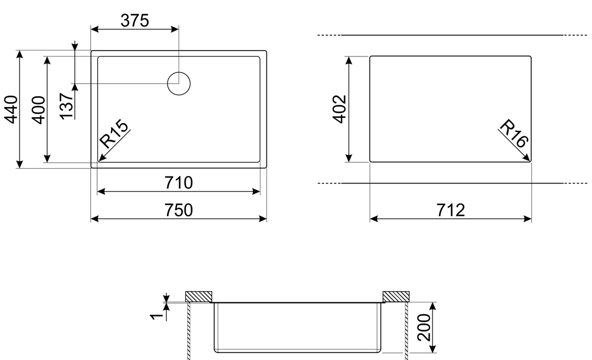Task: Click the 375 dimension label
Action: (x=135, y=21)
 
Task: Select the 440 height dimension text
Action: (x=11, y=110)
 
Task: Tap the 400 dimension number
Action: (x=39, y=110)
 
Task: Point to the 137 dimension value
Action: (x=66, y=106)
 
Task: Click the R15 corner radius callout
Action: (x=113, y=134)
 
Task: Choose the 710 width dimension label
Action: (x=179, y=183)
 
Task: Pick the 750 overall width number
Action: (x=179, y=210)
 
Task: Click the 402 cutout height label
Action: (x=340, y=109)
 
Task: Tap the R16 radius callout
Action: (x=514, y=134)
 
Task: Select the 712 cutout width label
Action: (x=451, y=210)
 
